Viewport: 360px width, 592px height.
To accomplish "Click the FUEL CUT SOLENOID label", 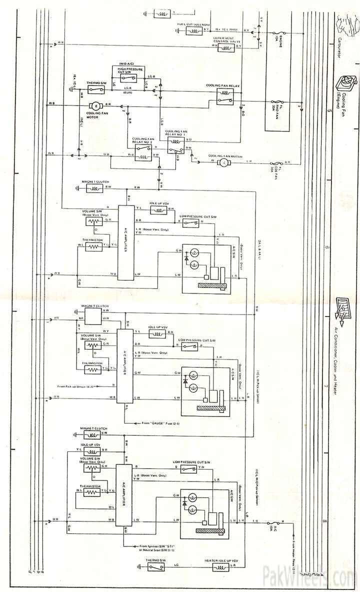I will coord(193,24).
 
